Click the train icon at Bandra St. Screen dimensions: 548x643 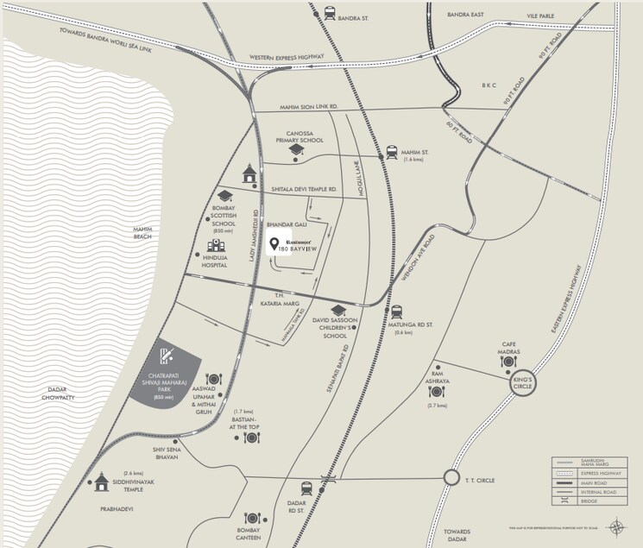click(330, 13)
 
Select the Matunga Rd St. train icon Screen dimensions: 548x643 click(396, 312)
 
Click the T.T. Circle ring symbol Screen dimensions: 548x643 click(451, 478)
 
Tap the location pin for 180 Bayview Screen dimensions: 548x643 click(274, 243)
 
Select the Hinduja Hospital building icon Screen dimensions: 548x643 click(215, 247)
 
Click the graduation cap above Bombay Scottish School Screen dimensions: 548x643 click(224, 196)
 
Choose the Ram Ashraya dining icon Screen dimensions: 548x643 click(437, 392)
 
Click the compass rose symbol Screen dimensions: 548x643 click(617, 526)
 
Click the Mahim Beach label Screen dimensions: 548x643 click(142, 232)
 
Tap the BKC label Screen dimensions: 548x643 click(492, 85)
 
